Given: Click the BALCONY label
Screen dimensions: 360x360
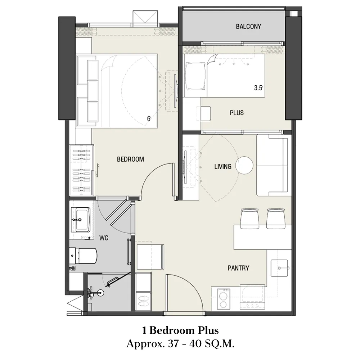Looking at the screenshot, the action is click(x=248, y=26).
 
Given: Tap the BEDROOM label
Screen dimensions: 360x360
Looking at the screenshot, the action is click(x=130, y=159).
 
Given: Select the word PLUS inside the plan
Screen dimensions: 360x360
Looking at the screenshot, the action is click(x=237, y=113).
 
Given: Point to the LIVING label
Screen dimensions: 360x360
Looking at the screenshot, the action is click(x=223, y=166).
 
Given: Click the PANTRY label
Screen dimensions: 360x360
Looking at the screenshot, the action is click(x=238, y=268).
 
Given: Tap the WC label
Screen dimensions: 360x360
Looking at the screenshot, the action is click(x=104, y=238).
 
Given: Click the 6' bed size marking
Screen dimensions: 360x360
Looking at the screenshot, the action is click(x=149, y=118).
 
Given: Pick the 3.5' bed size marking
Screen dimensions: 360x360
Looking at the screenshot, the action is click(x=258, y=88).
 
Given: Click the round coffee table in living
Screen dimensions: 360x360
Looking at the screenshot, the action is click(x=244, y=165).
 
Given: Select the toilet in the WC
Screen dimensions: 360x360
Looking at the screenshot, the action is click(x=83, y=256).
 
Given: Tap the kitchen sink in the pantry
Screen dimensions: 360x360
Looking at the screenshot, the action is click(x=279, y=268).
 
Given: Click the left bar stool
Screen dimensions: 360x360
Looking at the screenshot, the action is click(x=249, y=219).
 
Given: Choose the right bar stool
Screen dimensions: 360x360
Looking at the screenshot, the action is click(x=276, y=219).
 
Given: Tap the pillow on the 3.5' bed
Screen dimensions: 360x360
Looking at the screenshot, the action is click(x=195, y=76).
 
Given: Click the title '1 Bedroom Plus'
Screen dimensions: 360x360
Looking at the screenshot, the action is click(x=180, y=330).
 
